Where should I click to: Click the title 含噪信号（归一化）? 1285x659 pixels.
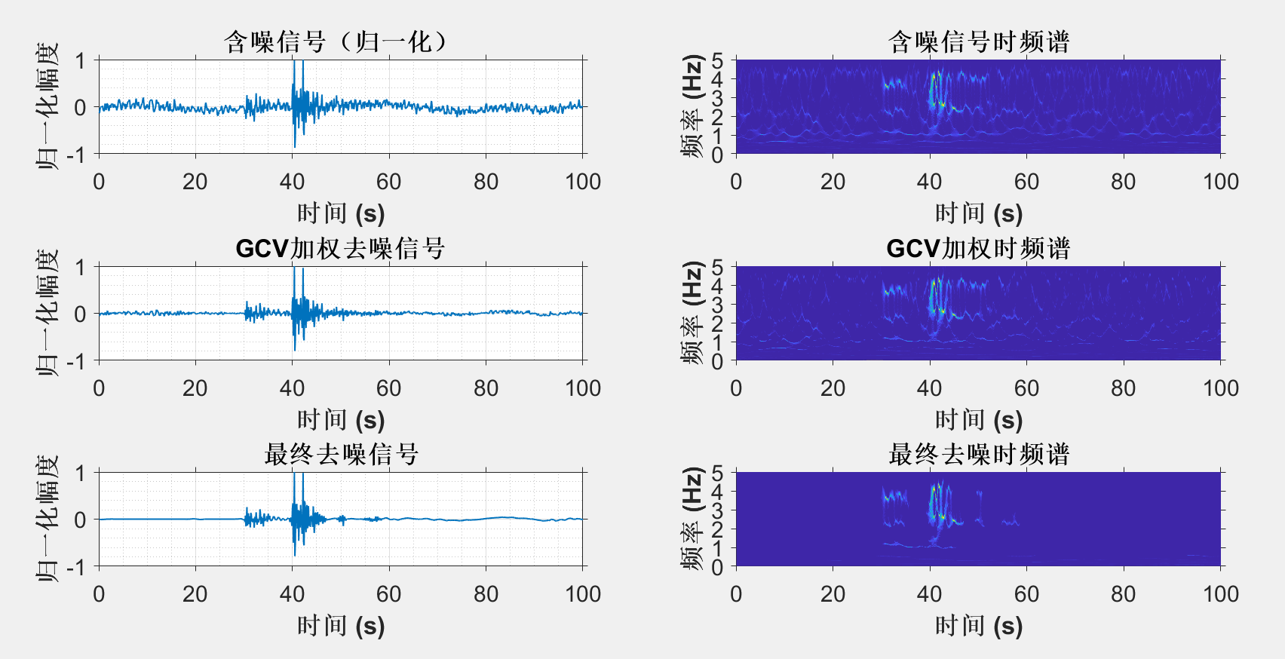(339, 41)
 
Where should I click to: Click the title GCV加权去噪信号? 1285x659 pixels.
(340, 248)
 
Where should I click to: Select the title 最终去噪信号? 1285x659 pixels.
(341, 454)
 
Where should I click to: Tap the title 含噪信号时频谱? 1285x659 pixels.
(979, 41)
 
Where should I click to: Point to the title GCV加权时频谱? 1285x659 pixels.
(978, 248)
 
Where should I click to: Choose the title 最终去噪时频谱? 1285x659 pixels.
(979, 454)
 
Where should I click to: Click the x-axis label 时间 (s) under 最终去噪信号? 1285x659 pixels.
(341, 626)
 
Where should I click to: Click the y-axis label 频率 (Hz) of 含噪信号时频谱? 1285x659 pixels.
(692, 106)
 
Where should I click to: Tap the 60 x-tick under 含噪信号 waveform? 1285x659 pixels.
(389, 182)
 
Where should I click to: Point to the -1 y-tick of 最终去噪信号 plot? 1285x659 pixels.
(75, 567)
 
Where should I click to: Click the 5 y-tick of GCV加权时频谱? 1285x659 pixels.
(717, 267)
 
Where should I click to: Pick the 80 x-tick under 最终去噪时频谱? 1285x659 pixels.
(1124, 594)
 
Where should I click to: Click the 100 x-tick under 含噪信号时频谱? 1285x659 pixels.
(1220, 182)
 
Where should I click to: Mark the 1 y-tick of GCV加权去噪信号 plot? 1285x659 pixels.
(80, 267)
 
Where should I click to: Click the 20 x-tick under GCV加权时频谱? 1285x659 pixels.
(833, 388)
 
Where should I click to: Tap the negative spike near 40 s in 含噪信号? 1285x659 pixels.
(294, 143)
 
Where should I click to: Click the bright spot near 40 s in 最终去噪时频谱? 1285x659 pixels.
(934, 498)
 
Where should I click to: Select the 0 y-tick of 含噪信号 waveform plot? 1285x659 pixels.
(80, 107)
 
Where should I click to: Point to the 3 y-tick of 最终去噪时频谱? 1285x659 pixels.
(717, 510)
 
